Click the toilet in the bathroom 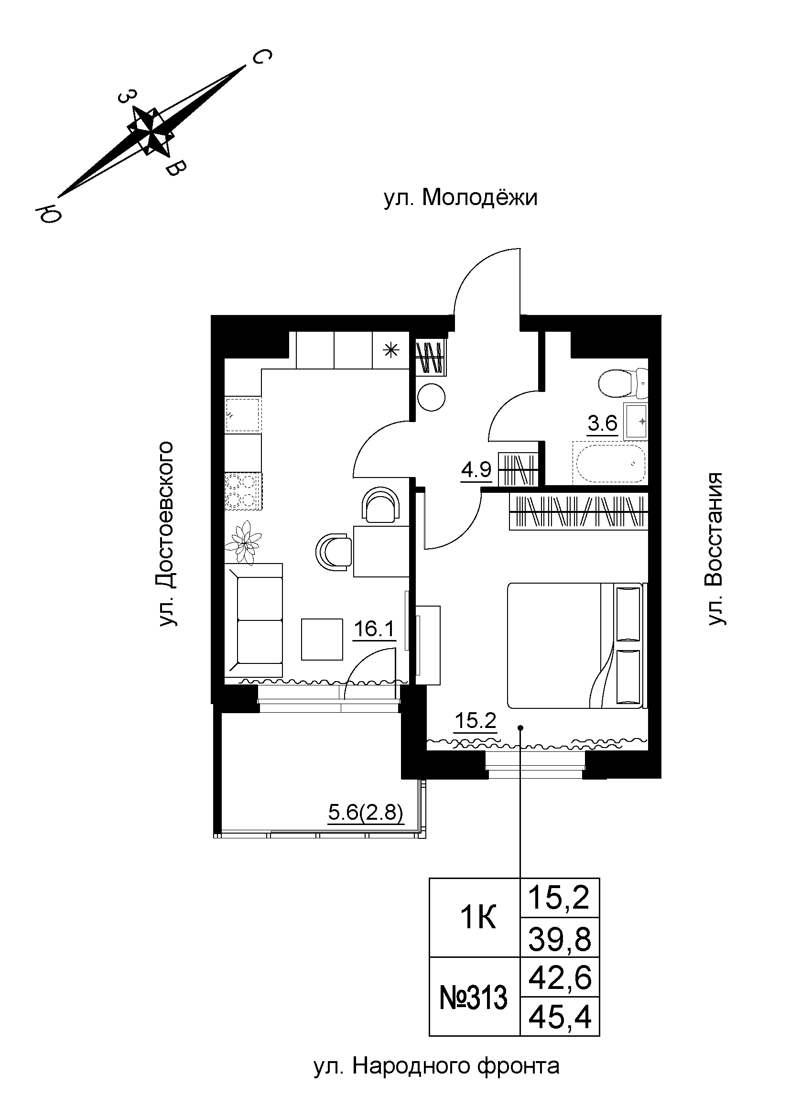(x=622, y=383)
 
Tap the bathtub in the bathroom (x=610, y=463)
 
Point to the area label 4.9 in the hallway (x=476, y=470)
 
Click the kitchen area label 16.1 (x=373, y=629)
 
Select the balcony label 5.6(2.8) (x=366, y=812)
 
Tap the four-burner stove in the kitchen (x=242, y=491)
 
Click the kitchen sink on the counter (x=243, y=415)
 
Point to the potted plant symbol (x=245, y=542)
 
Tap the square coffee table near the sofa (x=322, y=639)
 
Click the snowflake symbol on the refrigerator (x=390, y=350)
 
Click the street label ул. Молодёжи (x=460, y=198)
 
